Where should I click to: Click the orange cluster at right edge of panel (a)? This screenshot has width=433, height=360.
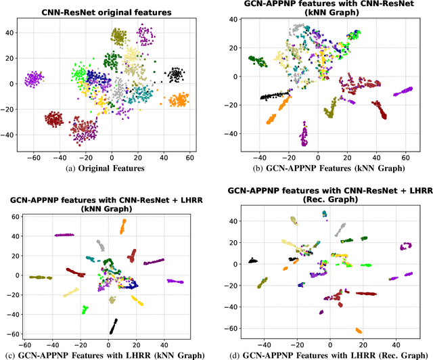click(178, 101)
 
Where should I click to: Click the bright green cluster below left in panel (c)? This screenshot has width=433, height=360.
click(85, 309)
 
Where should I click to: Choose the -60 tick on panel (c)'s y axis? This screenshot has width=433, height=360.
click(10, 334)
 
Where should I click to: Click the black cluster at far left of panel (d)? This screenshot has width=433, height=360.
click(252, 261)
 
